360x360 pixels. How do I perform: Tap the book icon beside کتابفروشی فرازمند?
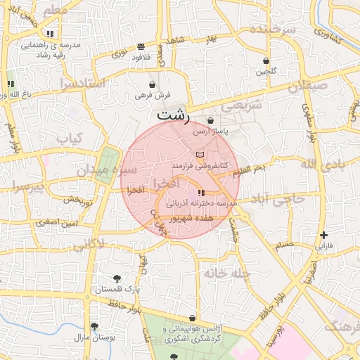[200, 154]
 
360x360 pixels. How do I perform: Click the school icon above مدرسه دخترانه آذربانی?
[201, 192]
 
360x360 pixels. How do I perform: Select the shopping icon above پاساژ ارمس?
[210, 120]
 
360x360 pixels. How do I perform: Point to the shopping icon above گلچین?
[266, 60]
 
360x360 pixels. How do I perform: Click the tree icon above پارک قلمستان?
[117, 278]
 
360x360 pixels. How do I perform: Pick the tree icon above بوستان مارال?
[94, 326]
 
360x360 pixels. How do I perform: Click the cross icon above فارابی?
[323, 235]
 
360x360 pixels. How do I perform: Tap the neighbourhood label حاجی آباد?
[278, 200]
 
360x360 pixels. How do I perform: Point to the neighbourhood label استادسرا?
[82, 84]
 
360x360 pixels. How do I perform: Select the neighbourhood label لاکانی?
[89, 245]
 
